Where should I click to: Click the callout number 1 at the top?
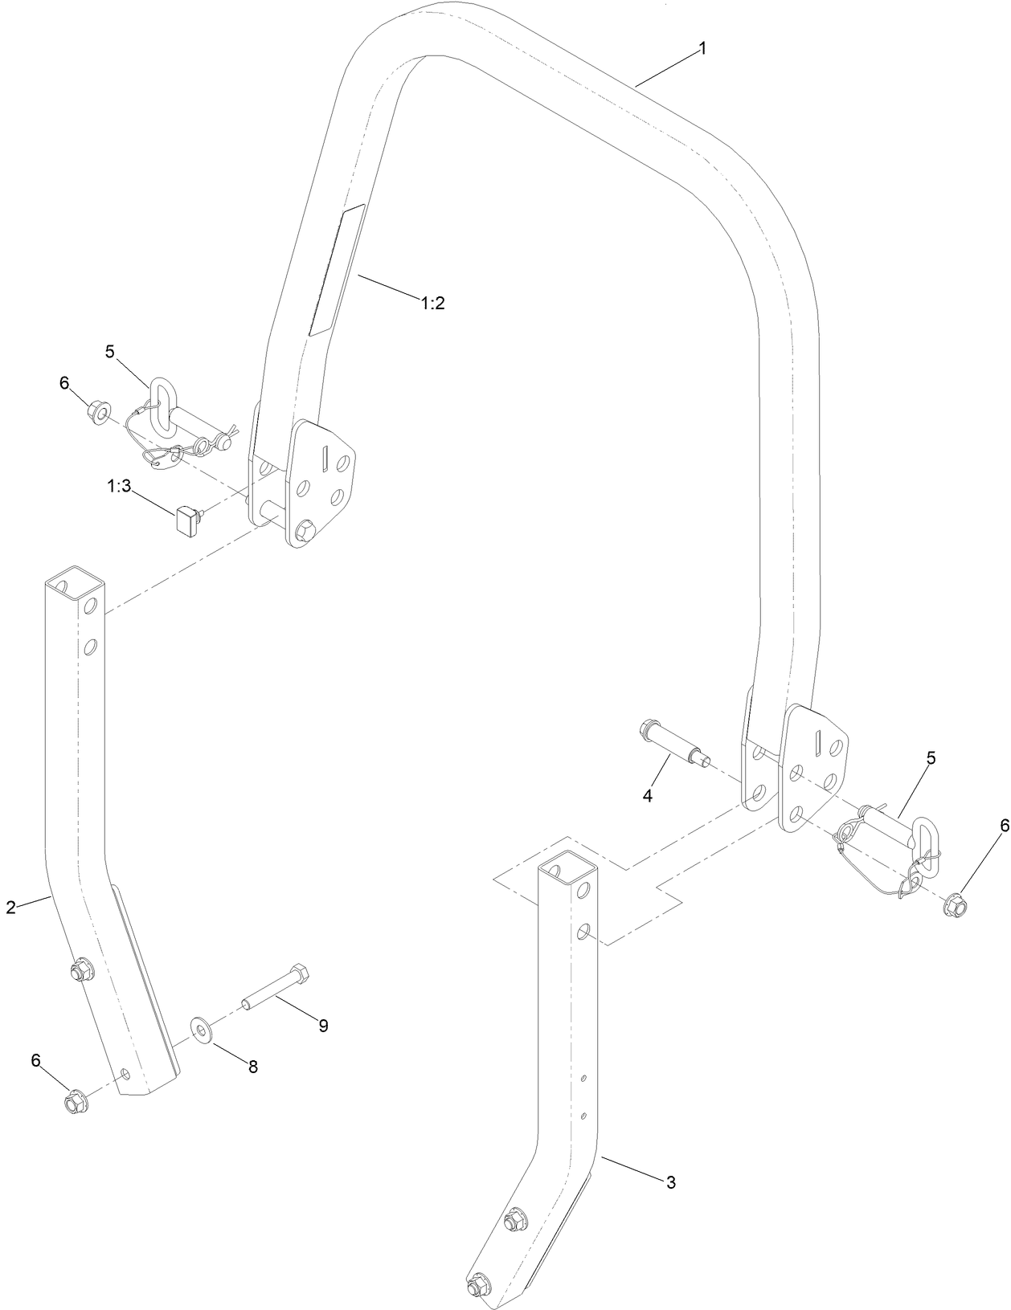point(702,49)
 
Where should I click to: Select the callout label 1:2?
point(432,303)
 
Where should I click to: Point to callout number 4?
point(647,795)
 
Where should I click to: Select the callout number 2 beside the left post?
point(10,908)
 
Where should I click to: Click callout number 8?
point(252,1067)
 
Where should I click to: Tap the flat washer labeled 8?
point(200,1030)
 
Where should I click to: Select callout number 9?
point(323,1026)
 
